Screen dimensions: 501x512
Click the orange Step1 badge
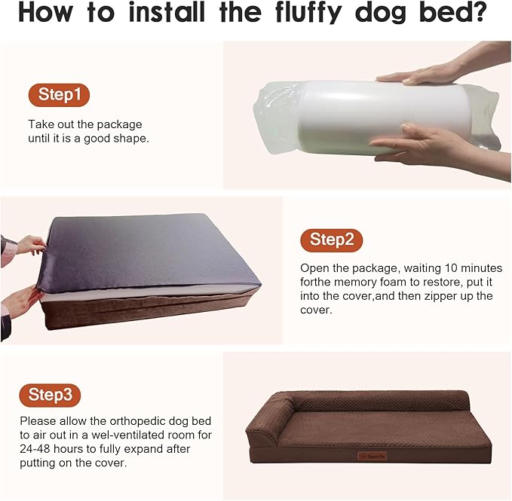click(60, 95)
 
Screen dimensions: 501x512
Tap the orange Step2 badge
click(331, 240)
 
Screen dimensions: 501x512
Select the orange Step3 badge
click(50, 394)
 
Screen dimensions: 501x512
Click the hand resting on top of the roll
click(422, 74)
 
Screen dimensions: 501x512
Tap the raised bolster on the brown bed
click(271, 426)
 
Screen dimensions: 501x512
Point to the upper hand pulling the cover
click(29, 244)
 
